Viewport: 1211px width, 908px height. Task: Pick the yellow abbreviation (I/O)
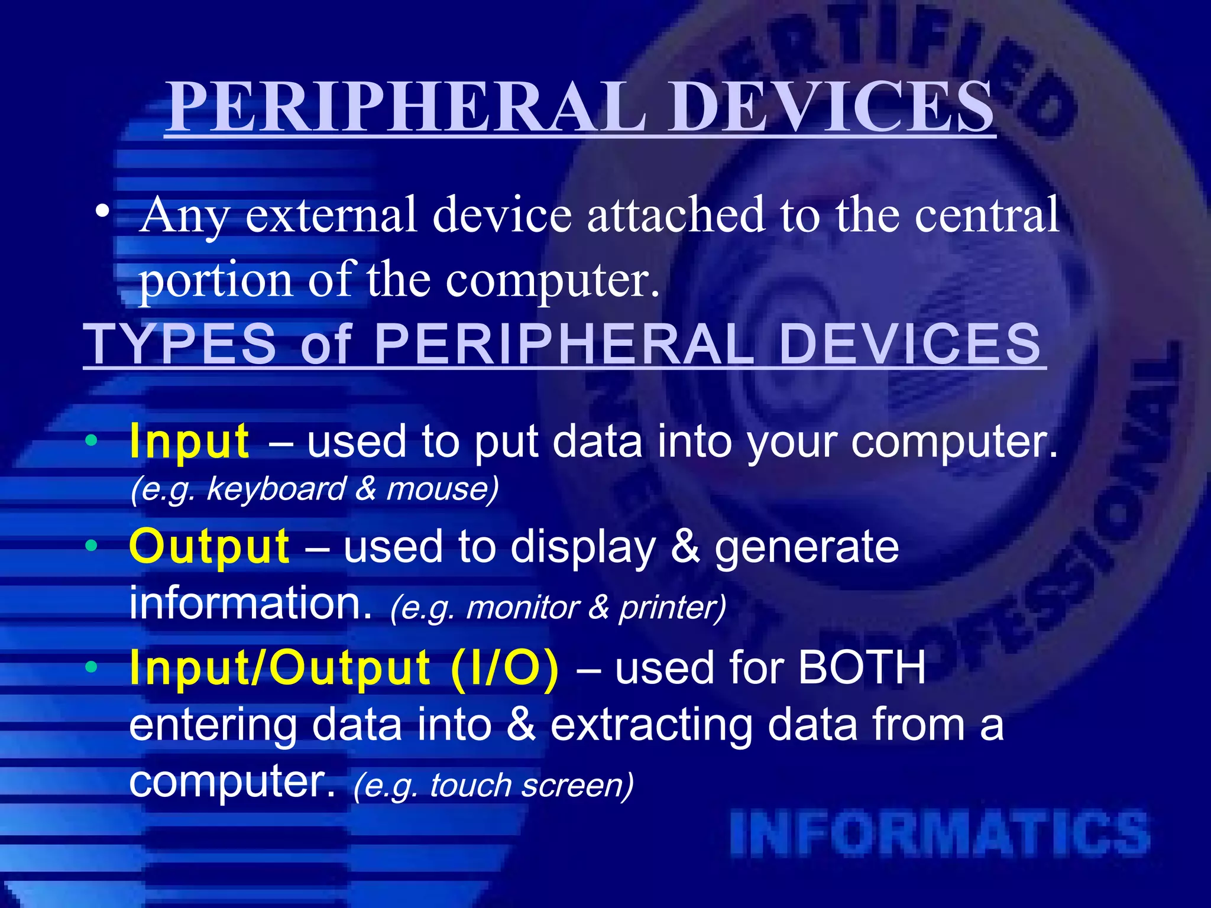pyautogui.click(x=504, y=669)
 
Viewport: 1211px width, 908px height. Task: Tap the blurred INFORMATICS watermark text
pyautogui.click(x=940, y=834)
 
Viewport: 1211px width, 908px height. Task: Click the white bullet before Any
pyautogui.click(x=102, y=211)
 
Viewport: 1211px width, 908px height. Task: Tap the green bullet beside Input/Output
pyautogui.click(x=90, y=667)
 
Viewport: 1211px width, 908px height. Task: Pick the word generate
pyautogui.click(x=807, y=547)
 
